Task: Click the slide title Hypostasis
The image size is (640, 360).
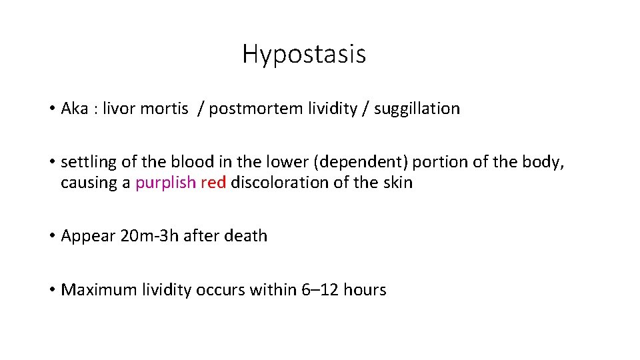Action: (304, 54)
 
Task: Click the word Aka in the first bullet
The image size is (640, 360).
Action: (75, 109)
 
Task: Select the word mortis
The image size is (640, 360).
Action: (164, 109)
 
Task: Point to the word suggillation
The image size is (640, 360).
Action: (417, 109)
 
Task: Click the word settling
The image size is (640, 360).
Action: (84, 162)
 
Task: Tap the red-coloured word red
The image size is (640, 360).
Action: (213, 183)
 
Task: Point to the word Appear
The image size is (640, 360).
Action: (81, 236)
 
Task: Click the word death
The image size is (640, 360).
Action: (247, 236)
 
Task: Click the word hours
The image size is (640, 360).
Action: (364, 290)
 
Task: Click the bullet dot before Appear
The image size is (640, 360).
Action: (51, 236)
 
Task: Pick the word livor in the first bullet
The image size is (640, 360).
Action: (120, 109)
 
